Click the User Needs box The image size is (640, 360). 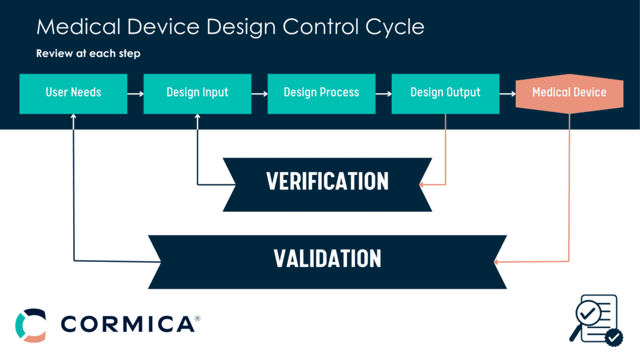(73, 93)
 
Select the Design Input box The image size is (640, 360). (197, 93)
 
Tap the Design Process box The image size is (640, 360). (321, 93)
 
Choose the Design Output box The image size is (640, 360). (445, 93)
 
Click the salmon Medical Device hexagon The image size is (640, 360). (569, 93)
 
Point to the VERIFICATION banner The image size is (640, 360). (327, 181)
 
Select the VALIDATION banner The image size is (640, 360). (327, 258)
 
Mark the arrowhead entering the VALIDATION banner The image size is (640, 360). (497, 261)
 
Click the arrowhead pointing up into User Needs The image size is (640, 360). (74, 117)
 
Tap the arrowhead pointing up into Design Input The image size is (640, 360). (197, 117)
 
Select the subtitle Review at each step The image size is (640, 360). (88, 54)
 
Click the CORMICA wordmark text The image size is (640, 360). (127, 324)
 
